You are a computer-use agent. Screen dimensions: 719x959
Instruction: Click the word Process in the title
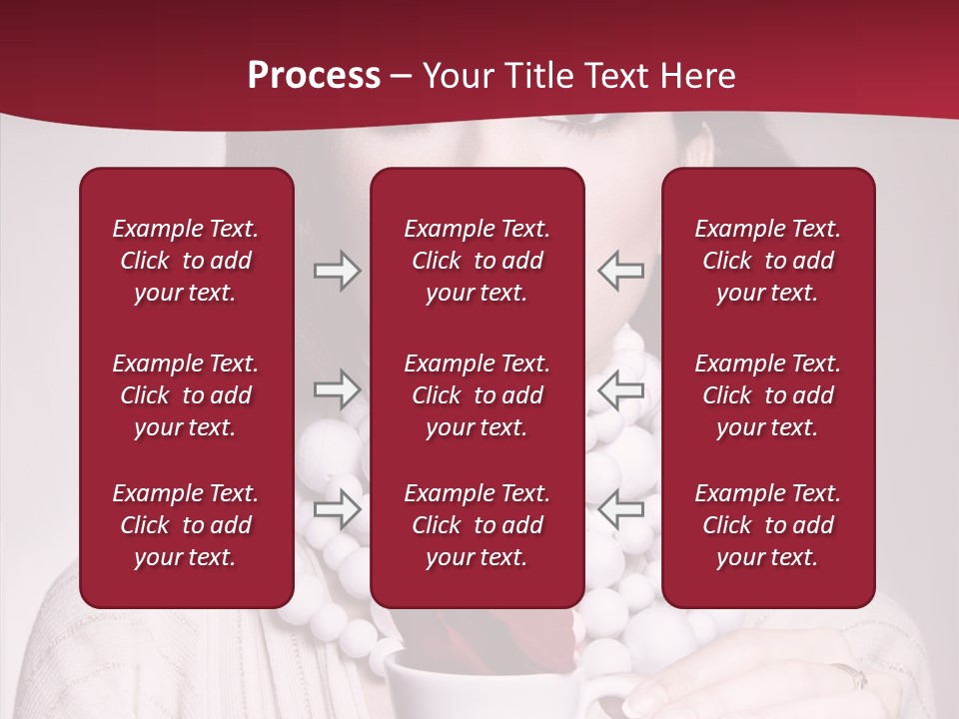314,76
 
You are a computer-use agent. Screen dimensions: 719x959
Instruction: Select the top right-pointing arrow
337,271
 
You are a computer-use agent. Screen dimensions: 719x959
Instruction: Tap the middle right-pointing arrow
337,389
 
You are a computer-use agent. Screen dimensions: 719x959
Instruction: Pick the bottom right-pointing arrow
337,509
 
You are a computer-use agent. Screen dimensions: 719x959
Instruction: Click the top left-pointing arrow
620,271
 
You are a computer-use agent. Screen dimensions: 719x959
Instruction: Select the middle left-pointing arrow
620,389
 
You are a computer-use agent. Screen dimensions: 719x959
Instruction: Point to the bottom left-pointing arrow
620,509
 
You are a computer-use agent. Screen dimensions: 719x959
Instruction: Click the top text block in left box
186,261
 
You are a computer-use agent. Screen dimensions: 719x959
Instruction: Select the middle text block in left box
186,395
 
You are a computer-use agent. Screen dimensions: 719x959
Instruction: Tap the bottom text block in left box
186,525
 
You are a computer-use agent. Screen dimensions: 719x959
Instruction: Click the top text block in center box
477,261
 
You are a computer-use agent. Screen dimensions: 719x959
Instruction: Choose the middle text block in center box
477,395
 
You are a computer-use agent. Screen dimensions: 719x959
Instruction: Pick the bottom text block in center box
477,525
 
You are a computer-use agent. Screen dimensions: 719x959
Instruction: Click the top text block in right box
767,261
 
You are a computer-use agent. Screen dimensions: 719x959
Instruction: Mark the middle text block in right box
767,395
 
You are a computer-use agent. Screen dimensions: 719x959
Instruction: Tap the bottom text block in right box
767,525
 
